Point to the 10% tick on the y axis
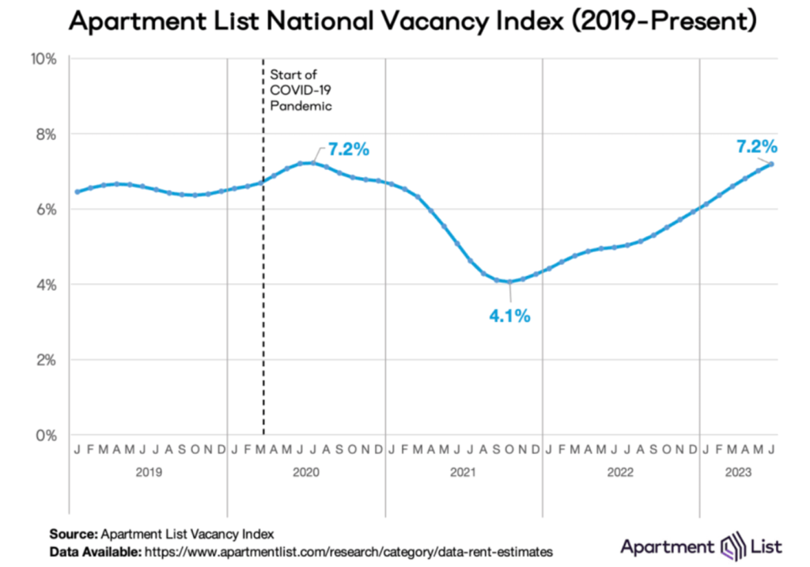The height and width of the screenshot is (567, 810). [x=43, y=59]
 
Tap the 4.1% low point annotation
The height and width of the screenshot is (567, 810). [x=508, y=316]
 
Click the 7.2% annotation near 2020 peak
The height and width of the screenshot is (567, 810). [x=348, y=149]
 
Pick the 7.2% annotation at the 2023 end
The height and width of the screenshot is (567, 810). [x=755, y=146]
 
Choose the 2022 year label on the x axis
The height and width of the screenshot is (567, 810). [x=620, y=473]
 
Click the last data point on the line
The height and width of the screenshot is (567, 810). [x=771, y=164]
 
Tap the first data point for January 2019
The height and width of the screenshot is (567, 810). [x=77, y=191]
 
